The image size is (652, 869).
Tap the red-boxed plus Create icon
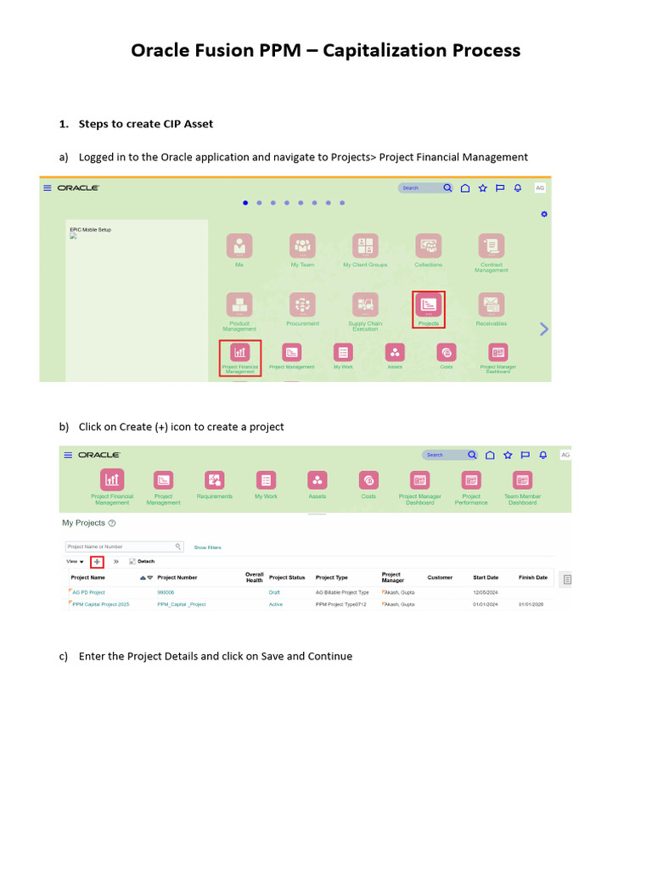96,562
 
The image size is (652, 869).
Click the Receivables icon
491,306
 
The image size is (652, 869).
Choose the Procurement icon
302,306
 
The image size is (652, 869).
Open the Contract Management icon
491,246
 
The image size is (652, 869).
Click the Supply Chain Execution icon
365,306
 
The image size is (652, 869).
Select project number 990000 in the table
166,592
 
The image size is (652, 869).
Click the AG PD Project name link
88,592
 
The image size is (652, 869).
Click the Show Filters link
207,547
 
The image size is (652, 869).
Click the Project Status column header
286,577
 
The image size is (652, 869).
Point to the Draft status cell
274,592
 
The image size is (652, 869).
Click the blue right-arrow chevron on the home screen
544,329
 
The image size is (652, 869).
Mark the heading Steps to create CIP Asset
145,124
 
